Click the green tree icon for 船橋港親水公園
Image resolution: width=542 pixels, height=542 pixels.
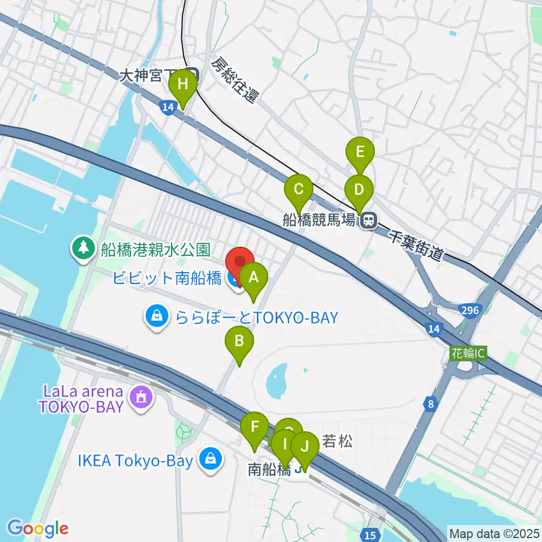(84, 249)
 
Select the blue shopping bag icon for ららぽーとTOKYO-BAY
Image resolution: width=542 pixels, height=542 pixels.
(155, 317)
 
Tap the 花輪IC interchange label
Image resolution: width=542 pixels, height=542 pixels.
(468, 353)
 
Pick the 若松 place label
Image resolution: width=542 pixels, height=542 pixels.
(337, 441)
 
